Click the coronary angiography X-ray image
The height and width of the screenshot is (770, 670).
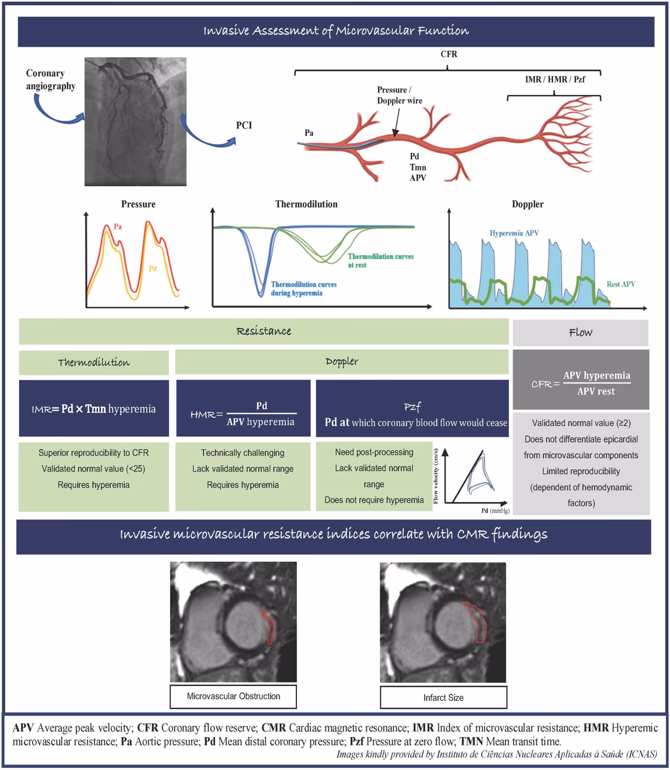click(x=136, y=122)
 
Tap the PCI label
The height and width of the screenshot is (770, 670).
click(x=244, y=125)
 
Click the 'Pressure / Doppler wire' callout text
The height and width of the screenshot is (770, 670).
click(x=399, y=95)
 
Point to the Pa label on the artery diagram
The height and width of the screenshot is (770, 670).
click(x=309, y=133)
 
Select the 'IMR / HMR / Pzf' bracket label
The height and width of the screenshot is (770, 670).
click(x=554, y=79)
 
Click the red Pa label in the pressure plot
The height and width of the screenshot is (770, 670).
click(x=118, y=227)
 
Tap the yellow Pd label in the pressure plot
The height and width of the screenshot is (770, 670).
click(x=152, y=268)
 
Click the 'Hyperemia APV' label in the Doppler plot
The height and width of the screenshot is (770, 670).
click(x=514, y=233)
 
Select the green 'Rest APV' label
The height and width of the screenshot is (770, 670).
click(x=621, y=284)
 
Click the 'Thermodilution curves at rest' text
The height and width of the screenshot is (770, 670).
click(x=380, y=261)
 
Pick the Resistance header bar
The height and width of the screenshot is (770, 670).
click(x=264, y=331)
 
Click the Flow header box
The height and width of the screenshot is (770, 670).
click(x=580, y=333)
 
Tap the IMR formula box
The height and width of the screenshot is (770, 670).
click(x=94, y=409)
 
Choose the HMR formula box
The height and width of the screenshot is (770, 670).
click(x=243, y=413)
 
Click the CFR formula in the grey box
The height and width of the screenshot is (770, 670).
click(x=581, y=383)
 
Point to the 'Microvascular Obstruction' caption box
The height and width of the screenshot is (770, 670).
click(x=233, y=696)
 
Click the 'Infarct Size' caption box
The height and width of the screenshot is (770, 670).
click(x=443, y=697)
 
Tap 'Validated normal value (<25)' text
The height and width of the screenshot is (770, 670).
click(x=93, y=469)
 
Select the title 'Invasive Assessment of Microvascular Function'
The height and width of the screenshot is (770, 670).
click(x=336, y=31)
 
